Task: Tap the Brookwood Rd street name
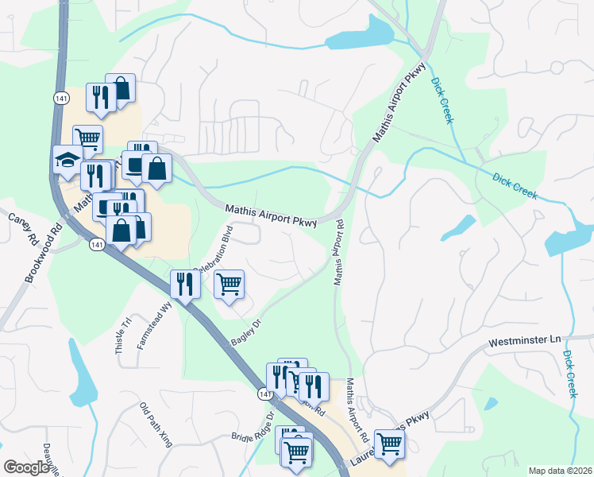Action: pos(44,254)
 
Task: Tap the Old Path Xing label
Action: pos(156,425)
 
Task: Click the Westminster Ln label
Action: pos(519,342)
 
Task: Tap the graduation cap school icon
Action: pos(67,160)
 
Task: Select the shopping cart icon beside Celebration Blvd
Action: pos(229,284)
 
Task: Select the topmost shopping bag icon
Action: pos(121,87)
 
